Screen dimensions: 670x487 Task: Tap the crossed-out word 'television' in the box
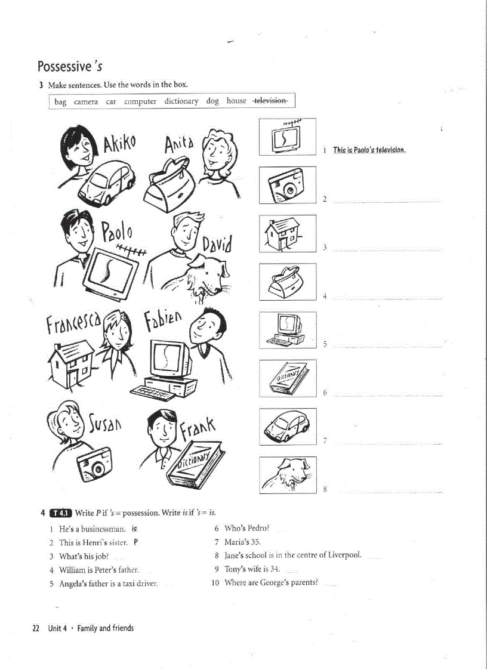coord(270,101)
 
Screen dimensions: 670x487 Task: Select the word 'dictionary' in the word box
coord(181,101)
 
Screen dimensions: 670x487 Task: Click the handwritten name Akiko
coord(119,143)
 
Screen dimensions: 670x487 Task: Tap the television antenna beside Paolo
coord(131,251)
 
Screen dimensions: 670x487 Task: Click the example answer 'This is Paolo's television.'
coord(369,150)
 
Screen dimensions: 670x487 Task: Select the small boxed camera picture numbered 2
coord(287,186)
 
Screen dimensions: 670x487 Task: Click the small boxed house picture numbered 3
coord(287,234)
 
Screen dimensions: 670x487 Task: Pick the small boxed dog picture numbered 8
coord(287,476)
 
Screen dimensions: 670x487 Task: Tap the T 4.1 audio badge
coord(61,512)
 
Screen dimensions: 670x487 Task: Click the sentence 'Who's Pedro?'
coord(246,528)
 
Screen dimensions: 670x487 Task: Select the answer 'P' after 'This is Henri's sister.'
coord(135,542)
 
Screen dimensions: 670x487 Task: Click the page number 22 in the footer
coord(36,628)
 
